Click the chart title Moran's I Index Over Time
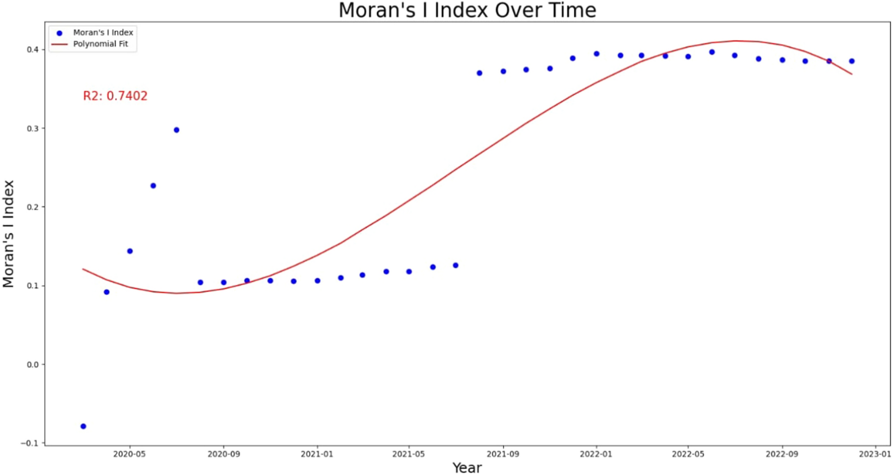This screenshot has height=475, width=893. pos(467,11)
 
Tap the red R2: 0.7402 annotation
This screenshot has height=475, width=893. pos(115,96)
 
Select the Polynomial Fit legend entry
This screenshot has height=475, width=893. pos(100,44)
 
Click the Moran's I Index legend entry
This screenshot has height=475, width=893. pos(103,33)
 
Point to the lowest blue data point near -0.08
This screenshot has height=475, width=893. pos(83,426)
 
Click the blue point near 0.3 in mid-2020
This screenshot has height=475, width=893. pos(177,130)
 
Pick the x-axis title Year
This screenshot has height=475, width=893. pos(467,468)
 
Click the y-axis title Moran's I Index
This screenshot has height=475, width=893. pos(9,234)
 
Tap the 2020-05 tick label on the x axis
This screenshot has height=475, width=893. pos(130,454)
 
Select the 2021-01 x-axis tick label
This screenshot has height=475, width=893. pos(317,454)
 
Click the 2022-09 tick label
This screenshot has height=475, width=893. pos(782,454)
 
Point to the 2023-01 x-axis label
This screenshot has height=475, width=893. pos(875,454)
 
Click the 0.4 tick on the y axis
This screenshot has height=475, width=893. pos(33,50)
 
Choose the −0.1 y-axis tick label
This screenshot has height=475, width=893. pos(30,443)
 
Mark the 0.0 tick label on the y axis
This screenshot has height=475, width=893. pos(33,364)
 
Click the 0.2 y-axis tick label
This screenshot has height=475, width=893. pos(33,207)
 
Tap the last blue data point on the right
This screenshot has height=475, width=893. pos(852,61)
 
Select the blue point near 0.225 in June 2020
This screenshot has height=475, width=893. pos(153,186)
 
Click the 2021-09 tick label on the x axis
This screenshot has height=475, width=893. pos(503,454)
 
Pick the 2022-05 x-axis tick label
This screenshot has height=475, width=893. pos(688,454)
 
